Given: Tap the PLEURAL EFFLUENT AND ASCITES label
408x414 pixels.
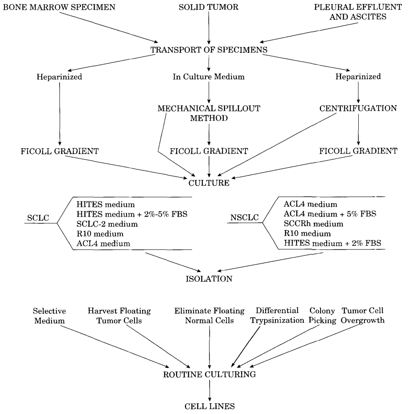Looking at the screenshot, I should (x=354, y=12).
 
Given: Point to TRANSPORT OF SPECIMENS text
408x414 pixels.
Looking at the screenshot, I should (x=208, y=50).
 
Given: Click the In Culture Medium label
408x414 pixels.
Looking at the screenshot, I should (x=208, y=77).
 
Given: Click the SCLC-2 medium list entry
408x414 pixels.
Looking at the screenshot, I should (x=100, y=223).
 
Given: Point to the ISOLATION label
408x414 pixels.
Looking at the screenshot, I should (x=208, y=280).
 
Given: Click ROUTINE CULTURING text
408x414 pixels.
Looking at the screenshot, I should (x=208, y=374).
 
